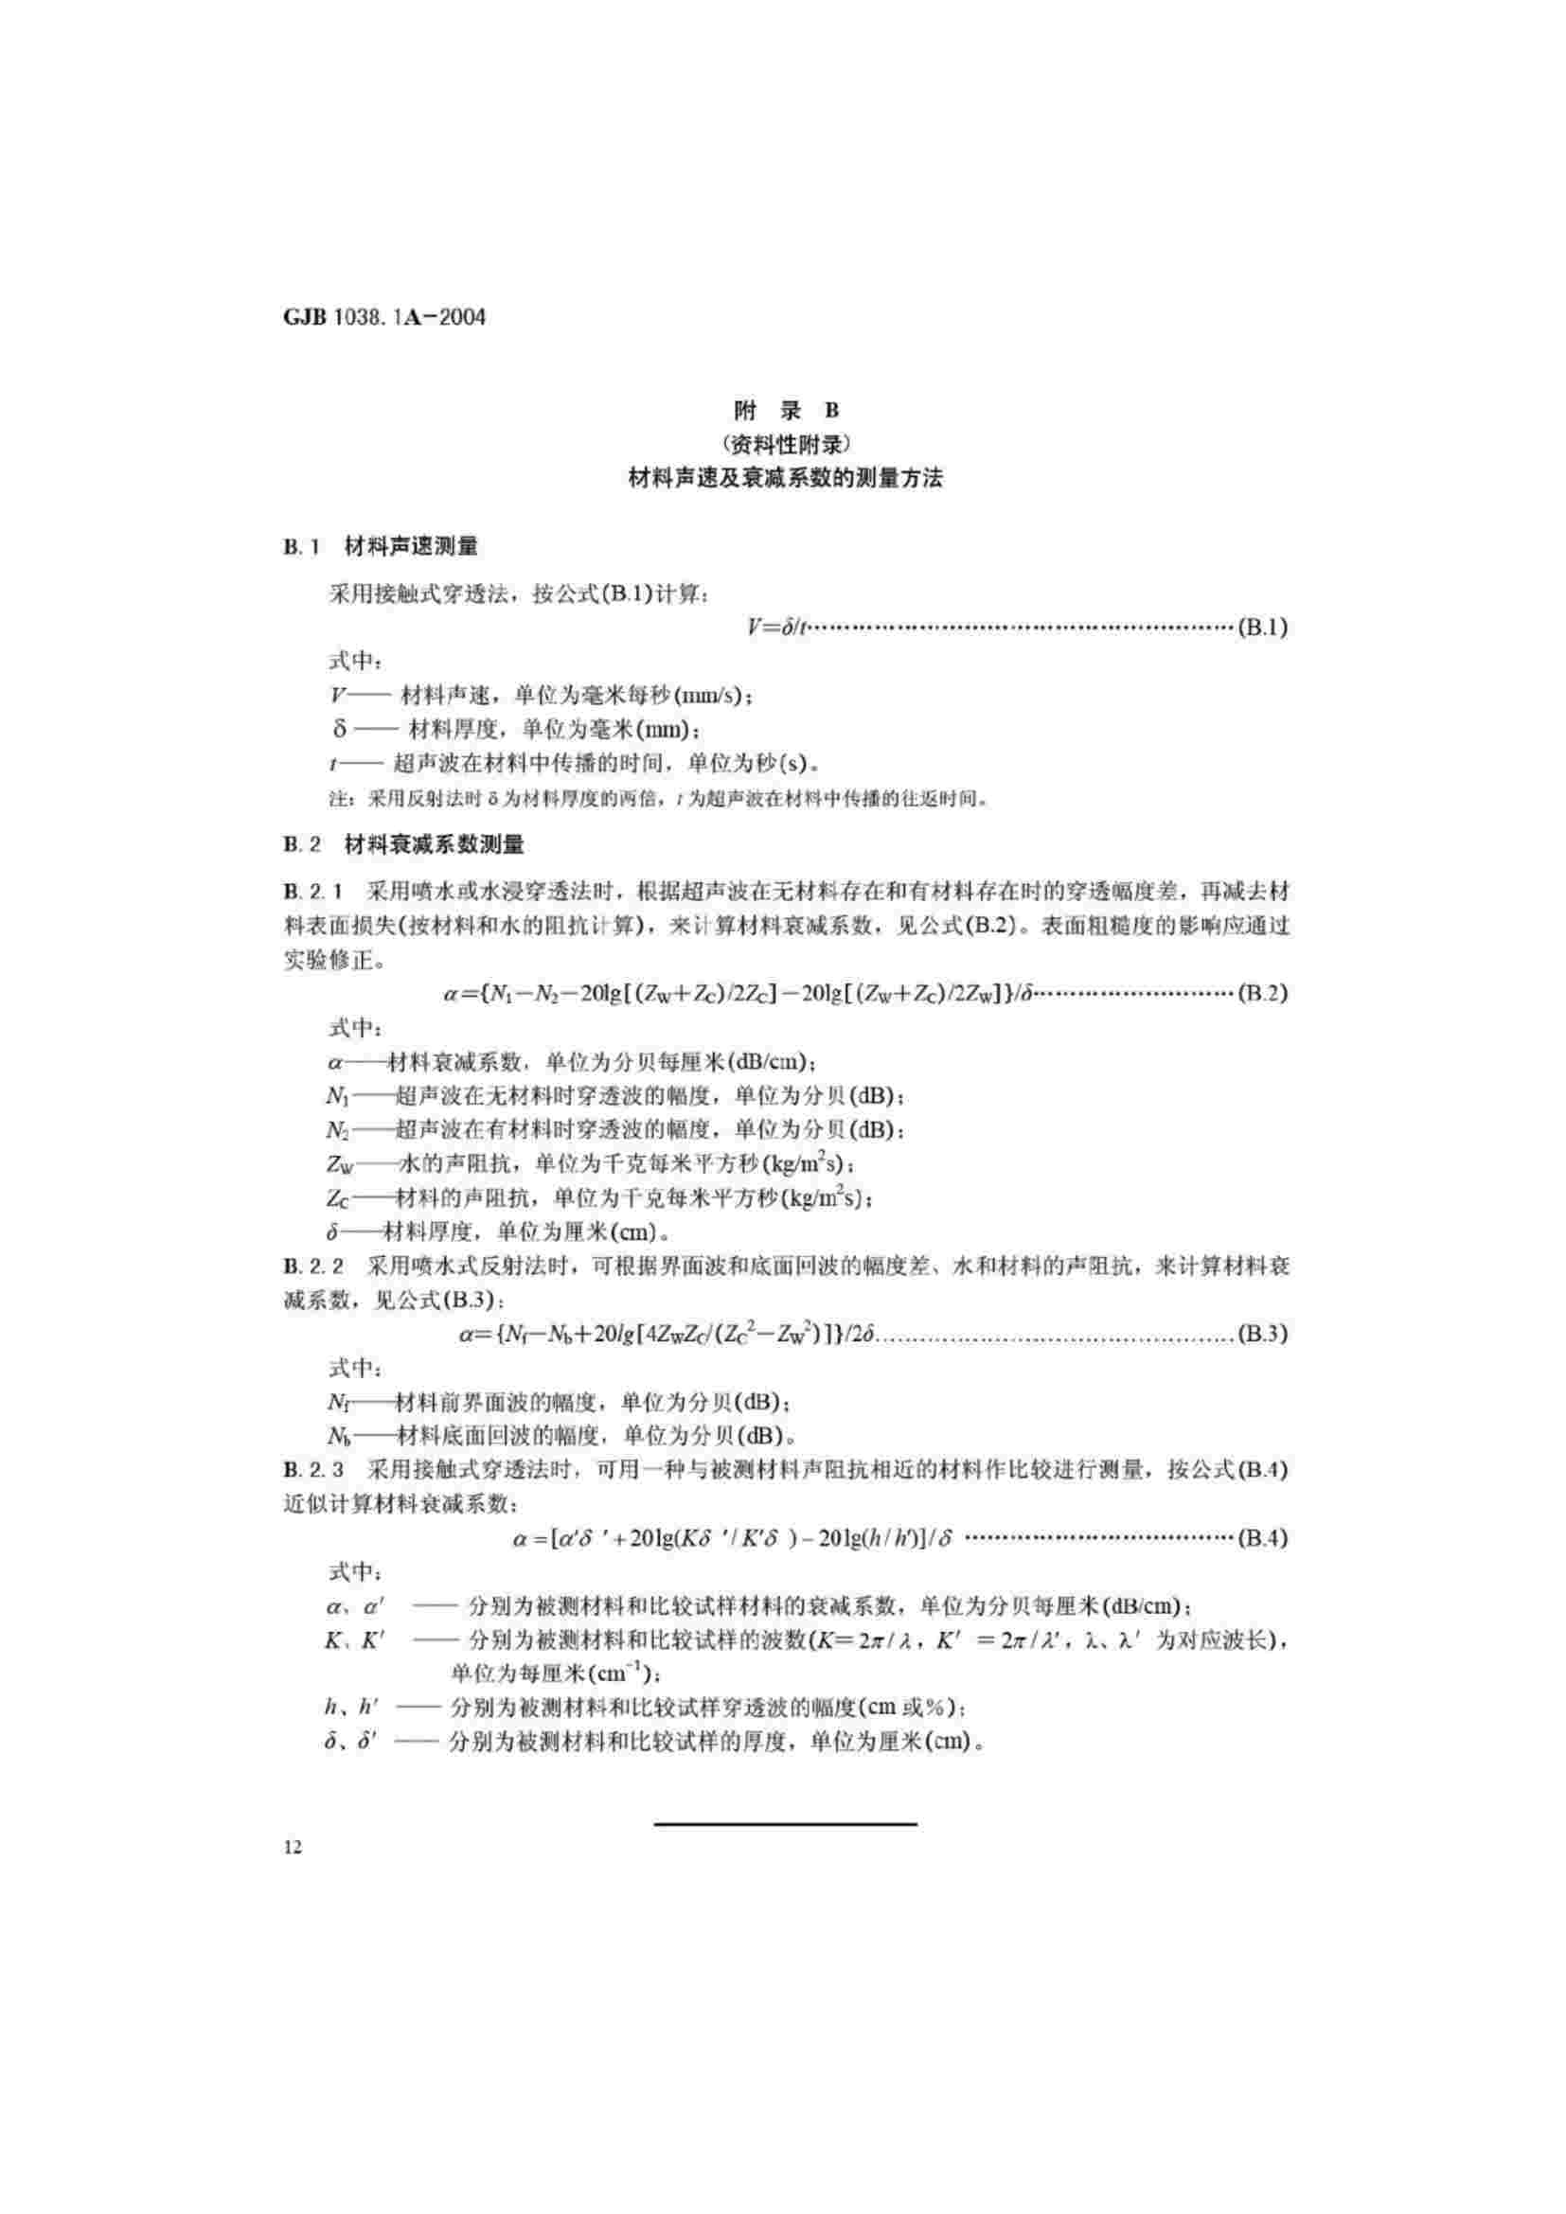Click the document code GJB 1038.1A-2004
384,317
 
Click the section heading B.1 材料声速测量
381,547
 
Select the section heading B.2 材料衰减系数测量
404,845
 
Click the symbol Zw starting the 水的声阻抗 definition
341,1165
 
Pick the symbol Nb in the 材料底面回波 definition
338,1436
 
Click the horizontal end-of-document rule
786,1824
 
